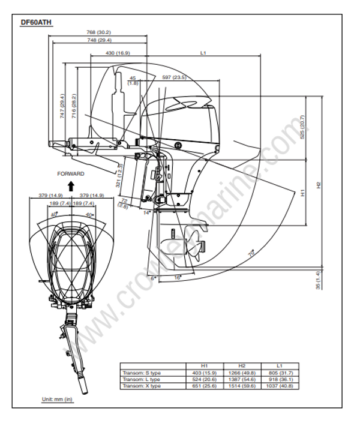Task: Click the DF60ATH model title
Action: pyautogui.click(x=37, y=22)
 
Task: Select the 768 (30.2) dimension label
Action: pyautogui.click(x=99, y=32)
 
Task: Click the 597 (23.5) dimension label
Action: pyautogui.click(x=175, y=77)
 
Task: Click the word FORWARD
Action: pyautogui.click(x=71, y=174)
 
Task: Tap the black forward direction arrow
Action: pyautogui.click(x=71, y=185)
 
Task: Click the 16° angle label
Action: pyautogui.click(x=178, y=278)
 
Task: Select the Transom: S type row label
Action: pyautogui.click(x=142, y=373)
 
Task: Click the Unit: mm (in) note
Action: pyautogui.click(x=57, y=400)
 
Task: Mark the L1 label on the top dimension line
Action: pyautogui.click(x=203, y=53)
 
